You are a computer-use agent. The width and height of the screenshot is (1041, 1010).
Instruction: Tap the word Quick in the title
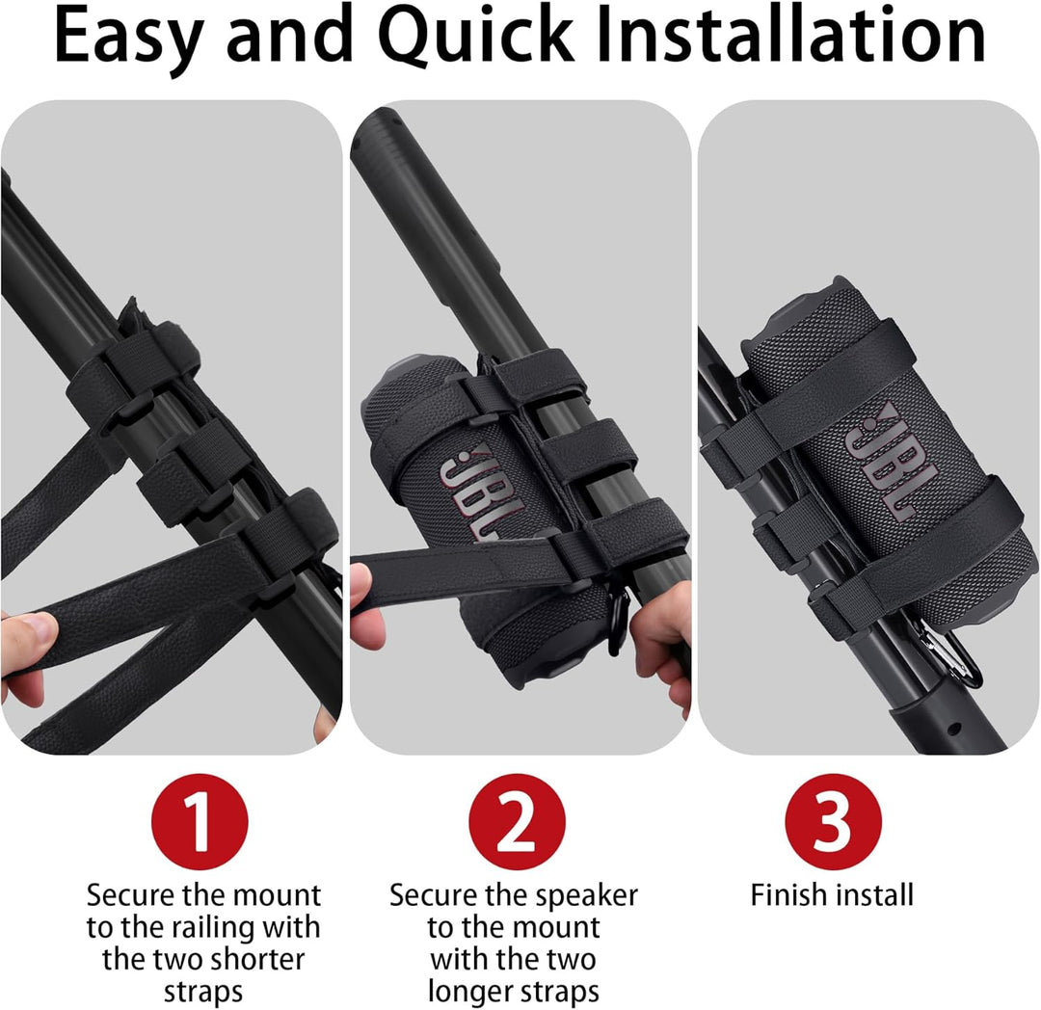click(476, 35)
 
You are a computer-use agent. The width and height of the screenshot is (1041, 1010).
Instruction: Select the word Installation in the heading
click(790, 35)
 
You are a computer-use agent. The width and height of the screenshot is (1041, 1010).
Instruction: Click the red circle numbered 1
click(200, 821)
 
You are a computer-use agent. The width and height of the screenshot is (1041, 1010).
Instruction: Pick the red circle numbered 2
click(517, 821)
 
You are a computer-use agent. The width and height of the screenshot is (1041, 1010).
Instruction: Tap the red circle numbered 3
click(833, 821)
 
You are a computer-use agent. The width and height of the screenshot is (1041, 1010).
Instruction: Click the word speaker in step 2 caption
click(587, 896)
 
